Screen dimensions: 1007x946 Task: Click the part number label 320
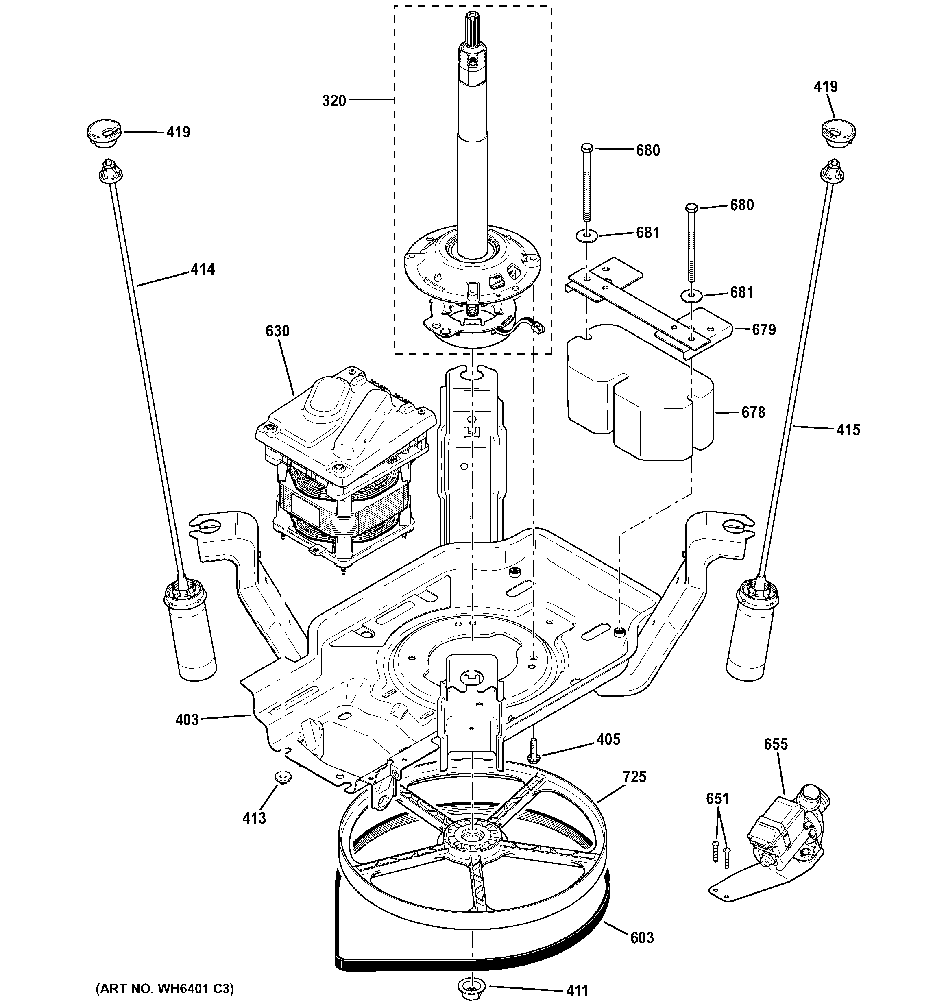click(x=334, y=101)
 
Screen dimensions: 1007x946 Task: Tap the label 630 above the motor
click(x=277, y=331)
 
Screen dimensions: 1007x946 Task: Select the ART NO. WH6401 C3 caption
click(x=165, y=988)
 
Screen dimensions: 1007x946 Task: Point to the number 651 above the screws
click(x=717, y=799)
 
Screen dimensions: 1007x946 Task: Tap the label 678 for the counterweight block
click(x=753, y=412)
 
